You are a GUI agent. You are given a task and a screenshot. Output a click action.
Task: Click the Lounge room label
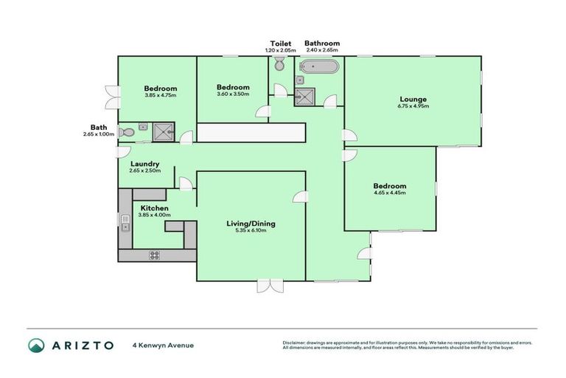pos(413,100)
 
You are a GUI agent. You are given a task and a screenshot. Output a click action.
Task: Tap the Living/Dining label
pos(250,223)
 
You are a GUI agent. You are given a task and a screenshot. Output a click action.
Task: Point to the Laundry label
pos(145,164)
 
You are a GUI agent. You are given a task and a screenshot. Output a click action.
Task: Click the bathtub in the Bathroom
pos(319,68)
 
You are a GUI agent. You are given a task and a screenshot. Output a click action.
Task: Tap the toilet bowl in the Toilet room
pos(279,66)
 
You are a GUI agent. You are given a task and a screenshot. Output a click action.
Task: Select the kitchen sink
pos(125,222)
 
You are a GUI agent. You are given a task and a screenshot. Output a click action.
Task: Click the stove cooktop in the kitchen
pos(155,255)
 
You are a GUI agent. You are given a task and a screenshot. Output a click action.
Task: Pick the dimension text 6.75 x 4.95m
pos(413,107)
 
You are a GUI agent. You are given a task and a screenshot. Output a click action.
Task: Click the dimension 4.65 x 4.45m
pos(390,193)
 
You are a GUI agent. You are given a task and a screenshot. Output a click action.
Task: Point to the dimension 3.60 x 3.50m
pos(233,94)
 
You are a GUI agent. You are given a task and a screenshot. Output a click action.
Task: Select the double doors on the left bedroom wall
pos(111,94)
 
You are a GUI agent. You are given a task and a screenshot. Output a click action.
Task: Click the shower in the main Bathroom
pos(305,95)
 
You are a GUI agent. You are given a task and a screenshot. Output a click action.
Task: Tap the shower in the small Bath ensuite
pos(162,132)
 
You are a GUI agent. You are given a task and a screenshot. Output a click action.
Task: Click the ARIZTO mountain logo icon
pos(37,345)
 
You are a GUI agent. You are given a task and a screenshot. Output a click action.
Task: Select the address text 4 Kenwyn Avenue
pos(163,345)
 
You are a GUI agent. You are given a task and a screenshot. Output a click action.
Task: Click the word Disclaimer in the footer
pos(294,343)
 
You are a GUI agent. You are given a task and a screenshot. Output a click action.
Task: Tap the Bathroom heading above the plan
pos(322,44)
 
